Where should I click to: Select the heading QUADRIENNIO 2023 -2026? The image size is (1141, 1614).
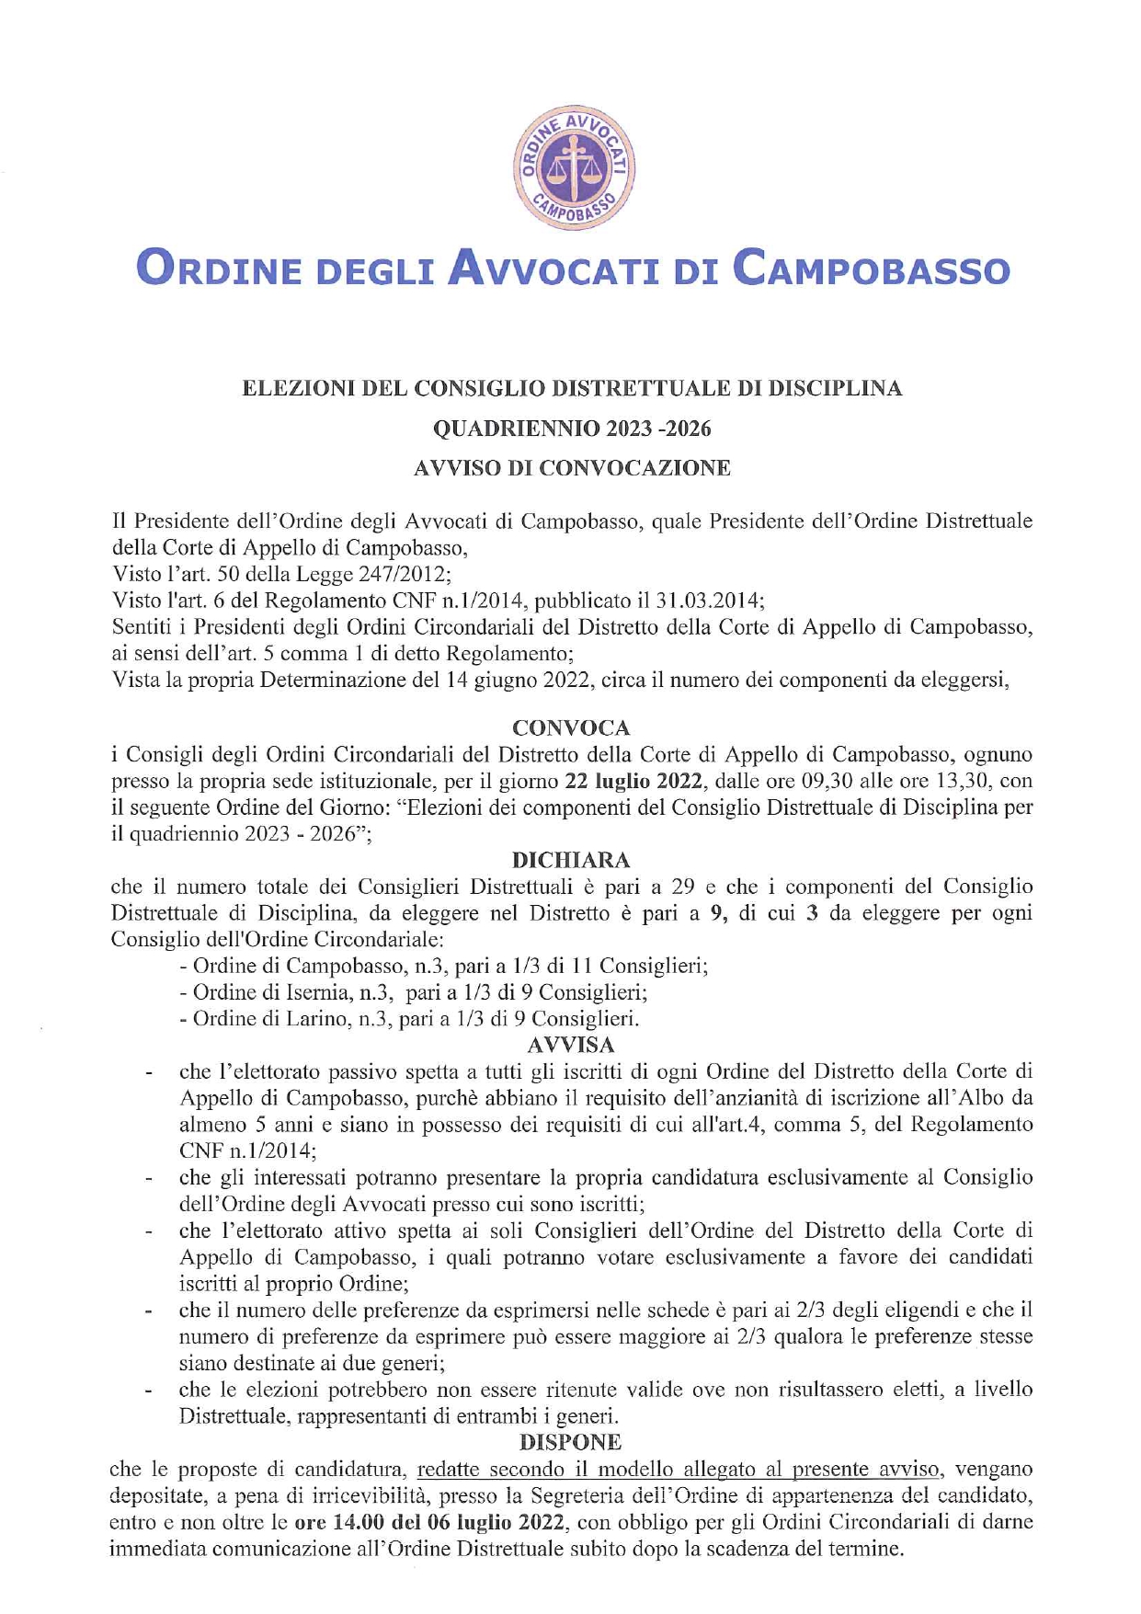[x=572, y=428]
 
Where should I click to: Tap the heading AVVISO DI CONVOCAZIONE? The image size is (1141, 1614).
[x=572, y=467]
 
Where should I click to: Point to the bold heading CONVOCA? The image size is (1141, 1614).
[x=571, y=727]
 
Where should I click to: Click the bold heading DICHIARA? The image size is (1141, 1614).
[x=571, y=860]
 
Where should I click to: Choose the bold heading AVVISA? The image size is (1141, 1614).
[x=571, y=1045]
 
